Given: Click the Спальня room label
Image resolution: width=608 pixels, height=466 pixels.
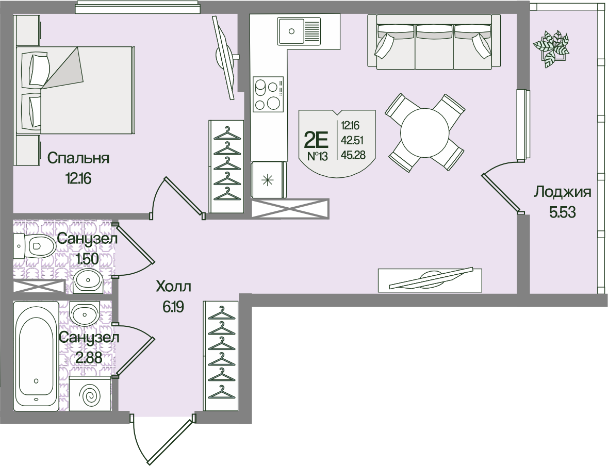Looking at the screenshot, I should click(78, 158).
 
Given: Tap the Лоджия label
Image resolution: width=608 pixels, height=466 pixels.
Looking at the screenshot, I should click(562, 192).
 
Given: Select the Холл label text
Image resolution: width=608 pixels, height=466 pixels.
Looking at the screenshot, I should click(173, 287).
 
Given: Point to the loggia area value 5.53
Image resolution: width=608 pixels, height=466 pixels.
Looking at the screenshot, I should click(562, 212).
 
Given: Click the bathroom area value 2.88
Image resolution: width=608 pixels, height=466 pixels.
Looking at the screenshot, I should click(88, 357).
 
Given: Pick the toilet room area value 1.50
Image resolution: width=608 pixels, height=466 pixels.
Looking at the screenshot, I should click(88, 258).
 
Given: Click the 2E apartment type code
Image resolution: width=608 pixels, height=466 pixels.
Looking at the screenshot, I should click(316, 139).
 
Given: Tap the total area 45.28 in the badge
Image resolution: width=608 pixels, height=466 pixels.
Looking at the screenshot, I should click(353, 155).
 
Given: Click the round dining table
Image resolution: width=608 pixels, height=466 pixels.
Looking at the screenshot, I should click(425, 132).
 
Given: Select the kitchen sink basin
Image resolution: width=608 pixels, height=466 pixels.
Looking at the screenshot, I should click(292, 31).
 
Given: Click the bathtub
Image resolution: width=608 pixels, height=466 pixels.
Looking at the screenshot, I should click(36, 356).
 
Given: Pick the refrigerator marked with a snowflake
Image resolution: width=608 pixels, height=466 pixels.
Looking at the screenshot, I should click(268, 180).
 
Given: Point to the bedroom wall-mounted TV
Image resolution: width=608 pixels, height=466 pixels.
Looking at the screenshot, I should click(224, 57).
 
